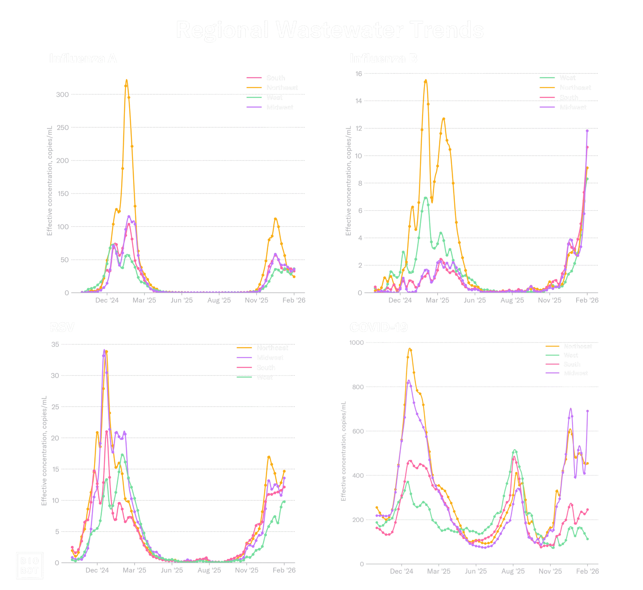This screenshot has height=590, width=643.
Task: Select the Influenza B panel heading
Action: pyautogui.click(x=384, y=59)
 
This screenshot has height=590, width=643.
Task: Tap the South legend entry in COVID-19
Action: pyautogui.click(x=572, y=364)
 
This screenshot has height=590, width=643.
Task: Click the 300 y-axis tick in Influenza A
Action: pyautogui.click(x=62, y=94)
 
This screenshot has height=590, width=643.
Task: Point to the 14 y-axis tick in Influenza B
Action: pyautogui.click(x=359, y=101)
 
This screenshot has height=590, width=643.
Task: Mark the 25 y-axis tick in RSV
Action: pyautogui.click(x=55, y=407)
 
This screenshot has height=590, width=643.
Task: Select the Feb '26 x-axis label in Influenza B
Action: pyautogui.click(x=587, y=300)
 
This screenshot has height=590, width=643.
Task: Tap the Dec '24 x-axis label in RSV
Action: pyautogui.click(x=97, y=570)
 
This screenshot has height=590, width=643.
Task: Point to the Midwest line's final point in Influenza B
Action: pyautogui.click(x=587, y=131)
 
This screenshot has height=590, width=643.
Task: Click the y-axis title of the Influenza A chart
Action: pyautogui.click(x=49, y=181)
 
